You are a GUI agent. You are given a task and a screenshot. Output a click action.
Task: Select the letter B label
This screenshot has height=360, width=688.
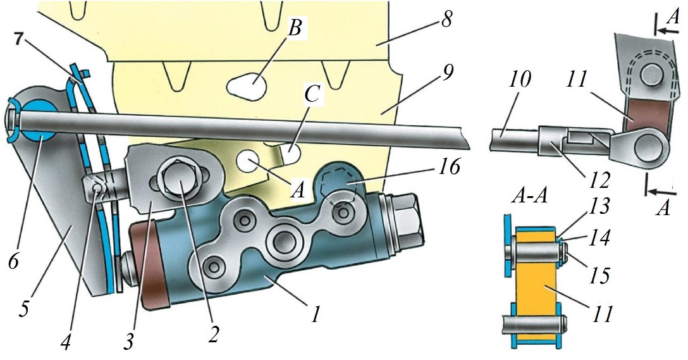click(295, 29)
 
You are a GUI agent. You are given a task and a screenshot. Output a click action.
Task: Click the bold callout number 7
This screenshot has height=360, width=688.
click(18, 39)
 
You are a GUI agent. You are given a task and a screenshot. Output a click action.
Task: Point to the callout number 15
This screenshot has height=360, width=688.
click(600, 276)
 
